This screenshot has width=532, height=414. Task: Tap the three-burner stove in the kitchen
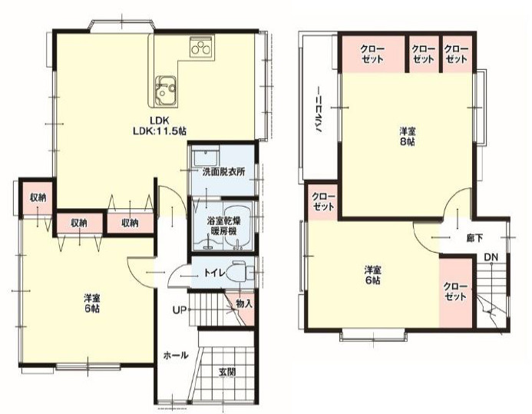point(201,48)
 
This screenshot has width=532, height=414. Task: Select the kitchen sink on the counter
point(166,90)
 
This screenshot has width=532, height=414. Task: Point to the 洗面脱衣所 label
point(223,172)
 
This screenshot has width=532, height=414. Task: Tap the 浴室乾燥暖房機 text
point(223,227)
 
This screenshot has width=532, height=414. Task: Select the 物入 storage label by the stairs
point(244,303)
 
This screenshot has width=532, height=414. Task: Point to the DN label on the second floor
point(491,257)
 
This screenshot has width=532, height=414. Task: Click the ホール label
point(175,356)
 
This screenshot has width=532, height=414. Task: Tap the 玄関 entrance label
point(227,372)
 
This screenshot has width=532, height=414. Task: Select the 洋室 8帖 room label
point(407,137)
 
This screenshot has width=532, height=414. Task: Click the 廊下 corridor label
point(474,238)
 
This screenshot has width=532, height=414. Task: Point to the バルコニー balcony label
point(319,110)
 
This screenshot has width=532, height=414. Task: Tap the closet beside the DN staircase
point(455,292)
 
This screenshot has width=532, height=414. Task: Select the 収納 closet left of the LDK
point(38,198)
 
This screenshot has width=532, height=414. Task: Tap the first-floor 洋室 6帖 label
point(91,303)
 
